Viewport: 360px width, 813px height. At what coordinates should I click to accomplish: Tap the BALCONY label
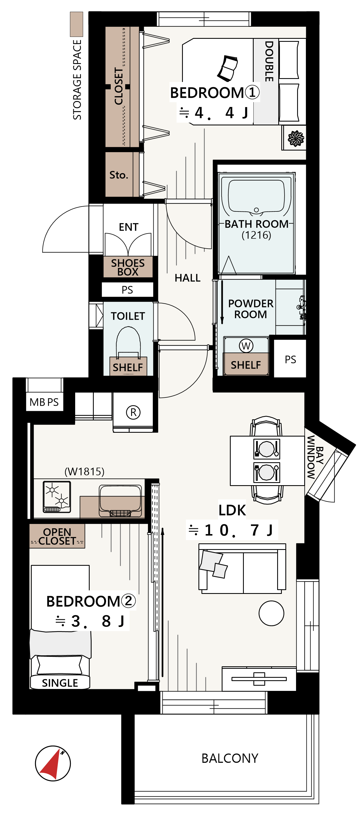tap(230, 758)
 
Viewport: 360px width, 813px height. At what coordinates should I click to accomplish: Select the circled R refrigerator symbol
tap(133, 412)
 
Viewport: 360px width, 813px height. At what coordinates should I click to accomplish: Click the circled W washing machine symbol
tap(246, 346)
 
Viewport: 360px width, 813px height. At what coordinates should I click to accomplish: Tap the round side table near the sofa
tap(271, 613)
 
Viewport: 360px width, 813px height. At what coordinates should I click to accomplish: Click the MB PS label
tap(44, 402)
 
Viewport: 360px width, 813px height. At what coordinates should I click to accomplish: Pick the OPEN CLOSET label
tap(57, 537)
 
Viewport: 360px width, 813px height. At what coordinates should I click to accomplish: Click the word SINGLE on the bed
tap(60, 683)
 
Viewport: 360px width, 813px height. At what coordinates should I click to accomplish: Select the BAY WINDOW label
tap(315, 457)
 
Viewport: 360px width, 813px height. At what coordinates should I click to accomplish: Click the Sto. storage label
tap(119, 175)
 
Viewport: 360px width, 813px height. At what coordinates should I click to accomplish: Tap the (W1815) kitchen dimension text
tap(84, 472)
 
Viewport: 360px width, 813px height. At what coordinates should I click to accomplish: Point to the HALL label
tap(188, 278)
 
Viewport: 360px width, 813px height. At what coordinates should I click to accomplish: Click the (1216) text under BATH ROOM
tap(256, 235)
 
